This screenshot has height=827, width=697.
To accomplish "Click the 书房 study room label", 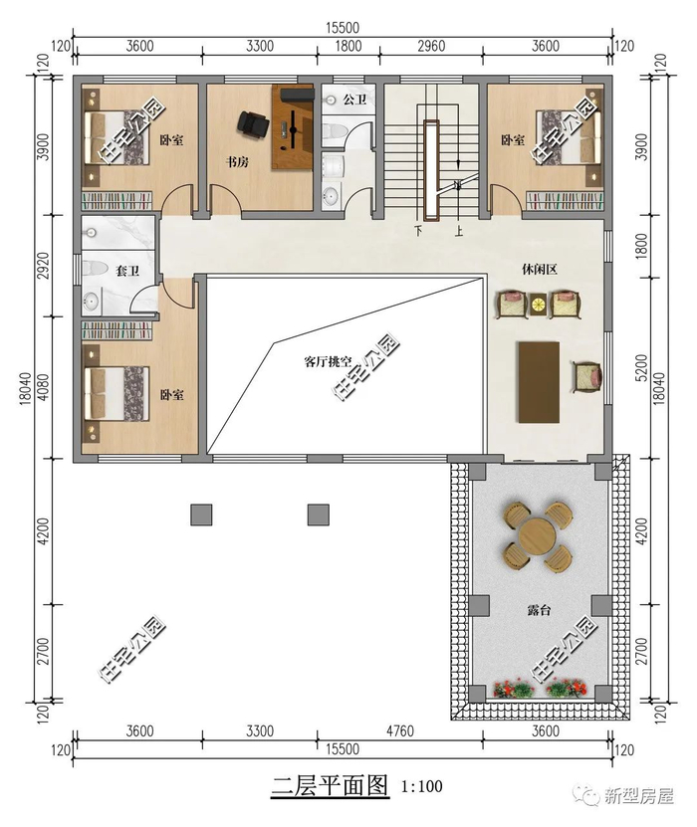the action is click(237, 162).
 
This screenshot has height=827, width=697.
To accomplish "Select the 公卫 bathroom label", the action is click(354, 99).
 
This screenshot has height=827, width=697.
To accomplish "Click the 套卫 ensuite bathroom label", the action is click(127, 271).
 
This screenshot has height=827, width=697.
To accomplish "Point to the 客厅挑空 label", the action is click(328, 362).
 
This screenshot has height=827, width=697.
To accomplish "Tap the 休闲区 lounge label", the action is click(540, 270).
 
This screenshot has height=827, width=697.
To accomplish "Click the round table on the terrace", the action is click(537, 536).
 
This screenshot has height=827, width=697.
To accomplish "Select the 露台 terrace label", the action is click(539, 610).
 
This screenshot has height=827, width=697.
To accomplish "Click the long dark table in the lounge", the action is click(539, 382).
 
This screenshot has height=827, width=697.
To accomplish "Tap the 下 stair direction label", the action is click(418, 231).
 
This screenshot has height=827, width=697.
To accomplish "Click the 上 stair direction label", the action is click(459, 231).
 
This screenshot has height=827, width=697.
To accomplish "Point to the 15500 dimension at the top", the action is click(342, 28).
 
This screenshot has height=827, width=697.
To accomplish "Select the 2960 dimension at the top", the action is click(431, 46).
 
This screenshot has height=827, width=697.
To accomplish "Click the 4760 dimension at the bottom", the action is click(399, 730).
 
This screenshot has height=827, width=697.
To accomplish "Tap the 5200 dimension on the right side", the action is click(641, 368).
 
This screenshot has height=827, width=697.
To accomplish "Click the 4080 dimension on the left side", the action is click(44, 386).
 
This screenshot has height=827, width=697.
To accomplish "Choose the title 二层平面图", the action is click(330, 785).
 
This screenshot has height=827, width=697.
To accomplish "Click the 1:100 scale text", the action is click(421, 787).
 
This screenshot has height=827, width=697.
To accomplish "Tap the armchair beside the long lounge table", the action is click(587, 376).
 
